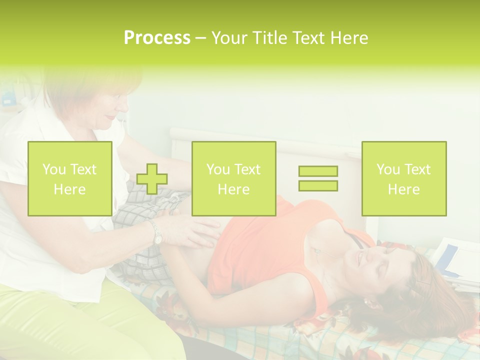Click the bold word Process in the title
(157, 38)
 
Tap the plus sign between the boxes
(152, 178)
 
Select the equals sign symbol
(318, 178)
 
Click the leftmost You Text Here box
(70, 178)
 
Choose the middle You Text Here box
(233, 178)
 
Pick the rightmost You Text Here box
(403, 178)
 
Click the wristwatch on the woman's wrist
(157, 233)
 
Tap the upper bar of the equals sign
(318, 171)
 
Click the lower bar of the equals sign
(318, 185)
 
